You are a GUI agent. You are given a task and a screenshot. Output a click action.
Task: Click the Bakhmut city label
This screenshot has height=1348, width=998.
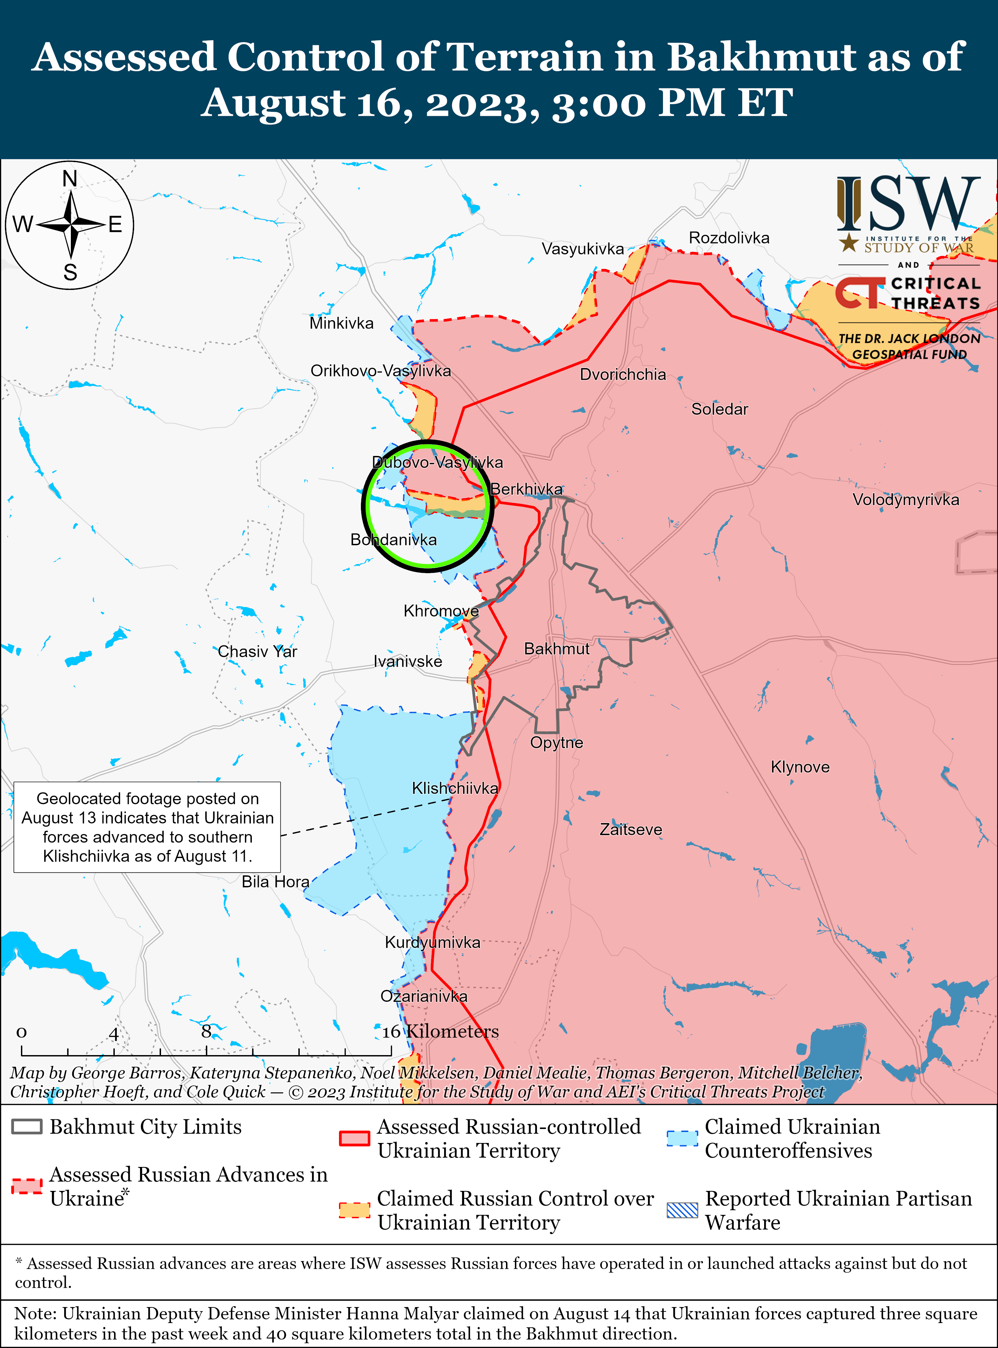[557, 649]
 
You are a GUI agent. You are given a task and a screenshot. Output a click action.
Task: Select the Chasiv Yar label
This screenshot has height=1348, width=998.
[257, 651]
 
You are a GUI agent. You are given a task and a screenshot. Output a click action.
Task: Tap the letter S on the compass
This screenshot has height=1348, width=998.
[70, 273]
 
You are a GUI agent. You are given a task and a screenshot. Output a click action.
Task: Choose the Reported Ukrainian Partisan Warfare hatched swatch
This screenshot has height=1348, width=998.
[682, 1210]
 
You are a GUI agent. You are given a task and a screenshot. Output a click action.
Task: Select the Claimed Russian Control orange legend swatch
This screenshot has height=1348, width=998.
[354, 1210]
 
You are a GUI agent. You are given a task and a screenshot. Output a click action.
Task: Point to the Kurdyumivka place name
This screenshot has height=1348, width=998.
[432, 942]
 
